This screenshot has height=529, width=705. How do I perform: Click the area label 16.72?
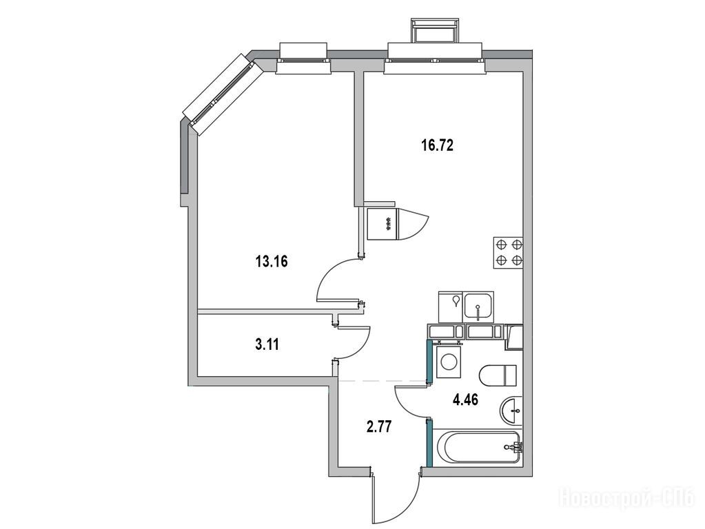(x=438, y=145)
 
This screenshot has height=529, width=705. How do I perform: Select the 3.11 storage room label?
(x=267, y=344)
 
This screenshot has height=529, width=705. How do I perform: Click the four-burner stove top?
(x=509, y=253)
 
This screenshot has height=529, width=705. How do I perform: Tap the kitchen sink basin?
(x=479, y=307)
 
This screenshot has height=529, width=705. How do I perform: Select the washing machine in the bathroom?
(x=448, y=360)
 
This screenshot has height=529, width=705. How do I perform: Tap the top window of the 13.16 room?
(x=303, y=59)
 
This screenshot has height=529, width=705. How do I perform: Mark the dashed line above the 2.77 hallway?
(x=382, y=381)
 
